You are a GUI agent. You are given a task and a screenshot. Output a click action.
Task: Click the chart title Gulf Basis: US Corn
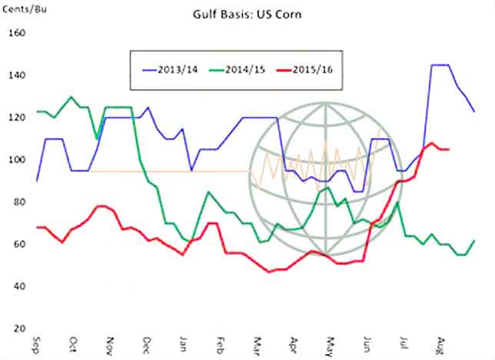click(x=250, y=14)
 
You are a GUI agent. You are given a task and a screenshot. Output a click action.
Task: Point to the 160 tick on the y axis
click(x=16, y=34)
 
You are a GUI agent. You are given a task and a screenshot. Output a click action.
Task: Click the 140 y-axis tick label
click(x=16, y=76)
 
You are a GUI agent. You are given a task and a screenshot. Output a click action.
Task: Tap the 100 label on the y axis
click(x=16, y=161)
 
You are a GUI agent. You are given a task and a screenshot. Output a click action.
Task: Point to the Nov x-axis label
click(x=109, y=343)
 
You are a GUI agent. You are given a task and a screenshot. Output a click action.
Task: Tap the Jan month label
click(x=183, y=343)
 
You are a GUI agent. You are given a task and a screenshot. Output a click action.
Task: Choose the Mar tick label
click(x=256, y=343)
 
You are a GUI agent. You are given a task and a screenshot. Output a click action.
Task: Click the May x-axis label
click(x=330, y=343)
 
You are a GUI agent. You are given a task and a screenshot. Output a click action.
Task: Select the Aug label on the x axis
click(x=440, y=343)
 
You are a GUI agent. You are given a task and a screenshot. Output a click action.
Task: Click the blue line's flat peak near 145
click(x=440, y=65)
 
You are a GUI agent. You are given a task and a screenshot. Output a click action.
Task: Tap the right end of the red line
click(x=449, y=149)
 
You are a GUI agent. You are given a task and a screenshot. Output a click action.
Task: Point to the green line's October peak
click(x=71, y=97)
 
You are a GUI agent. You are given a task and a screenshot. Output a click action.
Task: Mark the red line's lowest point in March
click(x=269, y=272)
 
